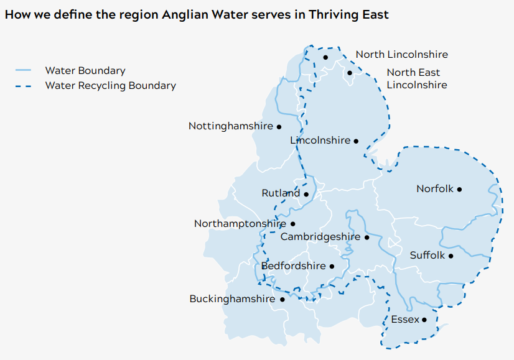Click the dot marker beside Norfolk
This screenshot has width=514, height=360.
(x=460, y=189)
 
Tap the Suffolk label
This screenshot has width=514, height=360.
(x=428, y=256)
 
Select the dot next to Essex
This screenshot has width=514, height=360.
(x=424, y=320)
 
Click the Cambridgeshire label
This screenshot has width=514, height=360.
(x=320, y=237)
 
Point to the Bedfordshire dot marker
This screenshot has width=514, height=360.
(x=332, y=266)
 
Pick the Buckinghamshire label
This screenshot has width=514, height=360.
(x=232, y=299)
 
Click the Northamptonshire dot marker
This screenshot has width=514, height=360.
(x=293, y=224)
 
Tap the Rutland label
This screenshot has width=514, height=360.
(x=281, y=193)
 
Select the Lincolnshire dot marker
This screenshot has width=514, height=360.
(x=356, y=141)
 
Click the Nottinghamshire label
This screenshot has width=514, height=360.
(x=230, y=126)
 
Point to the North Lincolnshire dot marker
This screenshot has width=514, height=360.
(x=325, y=57)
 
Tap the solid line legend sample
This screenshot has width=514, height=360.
(x=23, y=71)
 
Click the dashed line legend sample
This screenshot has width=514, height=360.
(x=23, y=86)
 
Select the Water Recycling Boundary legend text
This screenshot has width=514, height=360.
(x=110, y=86)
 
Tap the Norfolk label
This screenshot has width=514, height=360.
(x=435, y=189)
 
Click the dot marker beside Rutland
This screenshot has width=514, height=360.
(x=306, y=194)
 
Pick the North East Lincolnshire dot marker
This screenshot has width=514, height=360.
(x=350, y=73)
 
